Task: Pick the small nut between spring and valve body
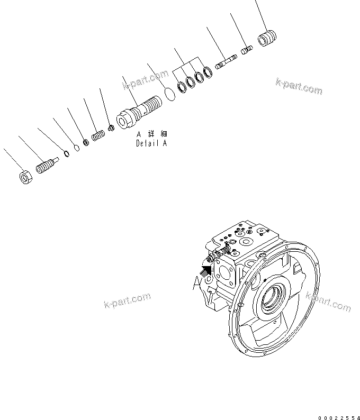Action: [111, 127]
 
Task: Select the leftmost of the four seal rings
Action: [181, 86]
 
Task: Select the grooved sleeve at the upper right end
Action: [268, 39]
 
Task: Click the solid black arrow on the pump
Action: [206, 270]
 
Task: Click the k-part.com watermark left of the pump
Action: [127, 302]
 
